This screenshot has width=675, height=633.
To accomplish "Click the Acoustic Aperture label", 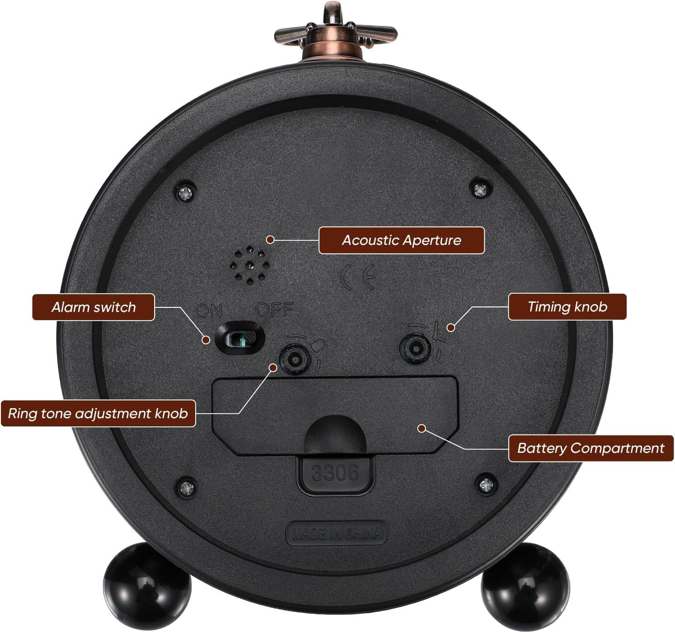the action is (401, 240).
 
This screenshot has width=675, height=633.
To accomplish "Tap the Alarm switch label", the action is (93, 307).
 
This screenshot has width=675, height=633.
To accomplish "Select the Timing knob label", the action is (567, 306).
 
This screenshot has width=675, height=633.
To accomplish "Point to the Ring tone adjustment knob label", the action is (98, 413).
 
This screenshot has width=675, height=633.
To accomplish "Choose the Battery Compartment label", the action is (591, 448).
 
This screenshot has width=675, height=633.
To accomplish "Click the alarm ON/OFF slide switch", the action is (240, 338).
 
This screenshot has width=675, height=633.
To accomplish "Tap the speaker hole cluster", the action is (250, 265).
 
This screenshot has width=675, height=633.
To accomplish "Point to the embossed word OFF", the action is (275, 309).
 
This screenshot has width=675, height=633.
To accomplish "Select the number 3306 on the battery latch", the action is (335, 473).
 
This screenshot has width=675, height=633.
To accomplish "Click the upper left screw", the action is (185, 193).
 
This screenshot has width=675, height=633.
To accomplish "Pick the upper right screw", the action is (480, 190).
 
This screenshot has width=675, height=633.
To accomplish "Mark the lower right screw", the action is (486, 484).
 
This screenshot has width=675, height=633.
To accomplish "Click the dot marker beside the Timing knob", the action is (451, 328).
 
